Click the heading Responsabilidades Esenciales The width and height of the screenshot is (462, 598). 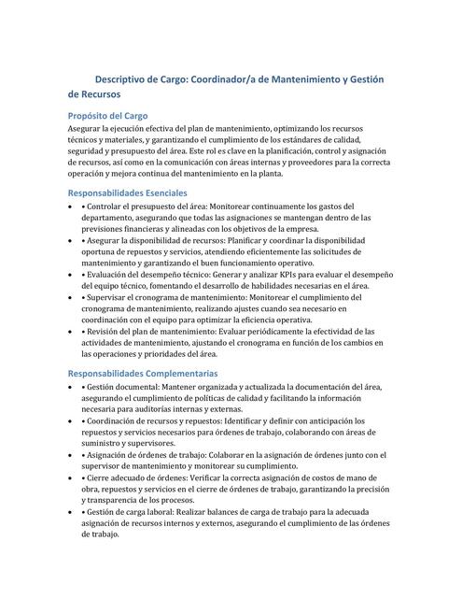pyautogui.click(x=134, y=192)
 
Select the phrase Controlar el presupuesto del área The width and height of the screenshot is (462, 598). pyautogui.click(x=145, y=206)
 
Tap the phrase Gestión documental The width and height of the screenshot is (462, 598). pyautogui.click(x=126, y=386)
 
